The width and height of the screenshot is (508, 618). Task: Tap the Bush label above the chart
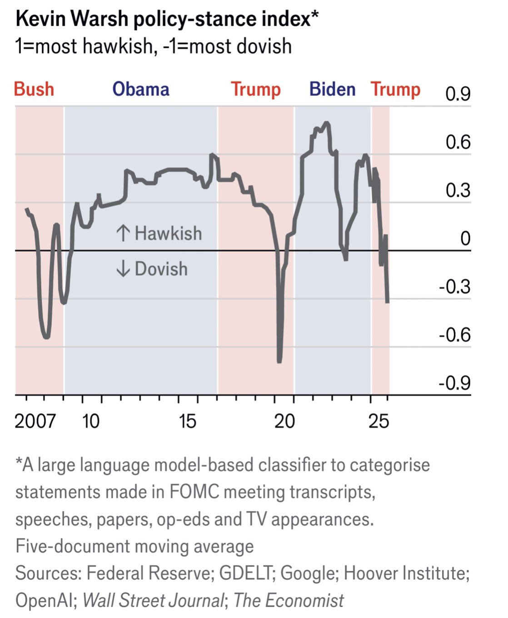click(x=34, y=89)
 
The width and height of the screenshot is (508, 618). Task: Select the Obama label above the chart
click(x=141, y=89)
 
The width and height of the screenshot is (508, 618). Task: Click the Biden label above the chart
click(x=332, y=89)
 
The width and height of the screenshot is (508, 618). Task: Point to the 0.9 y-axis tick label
click(x=458, y=94)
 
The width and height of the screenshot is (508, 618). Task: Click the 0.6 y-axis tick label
click(x=458, y=142)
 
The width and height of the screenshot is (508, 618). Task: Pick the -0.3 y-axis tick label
click(x=454, y=287)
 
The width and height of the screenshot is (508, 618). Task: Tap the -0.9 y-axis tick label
click(x=454, y=383)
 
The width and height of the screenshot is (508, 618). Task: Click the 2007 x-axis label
click(x=35, y=421)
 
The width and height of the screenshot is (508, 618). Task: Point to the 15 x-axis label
click(x=187, y=421)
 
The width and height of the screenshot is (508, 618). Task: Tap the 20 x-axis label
click(x=284, y=421)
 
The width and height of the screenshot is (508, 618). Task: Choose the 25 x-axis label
click(x=379, y=421)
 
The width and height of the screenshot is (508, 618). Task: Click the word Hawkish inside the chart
click(x=168, y=234)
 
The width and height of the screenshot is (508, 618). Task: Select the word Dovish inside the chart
click(x=161, y=269)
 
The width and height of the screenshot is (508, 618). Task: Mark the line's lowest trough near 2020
click(x=279, y=361)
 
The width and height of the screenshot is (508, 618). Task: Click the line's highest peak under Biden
click(x=326, y=123)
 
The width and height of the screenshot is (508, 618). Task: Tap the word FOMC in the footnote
click(x=194, y=492)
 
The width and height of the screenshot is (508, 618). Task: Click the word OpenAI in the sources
click(x=44, y=600)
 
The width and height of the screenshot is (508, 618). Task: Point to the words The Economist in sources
click(x=289, y=600)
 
